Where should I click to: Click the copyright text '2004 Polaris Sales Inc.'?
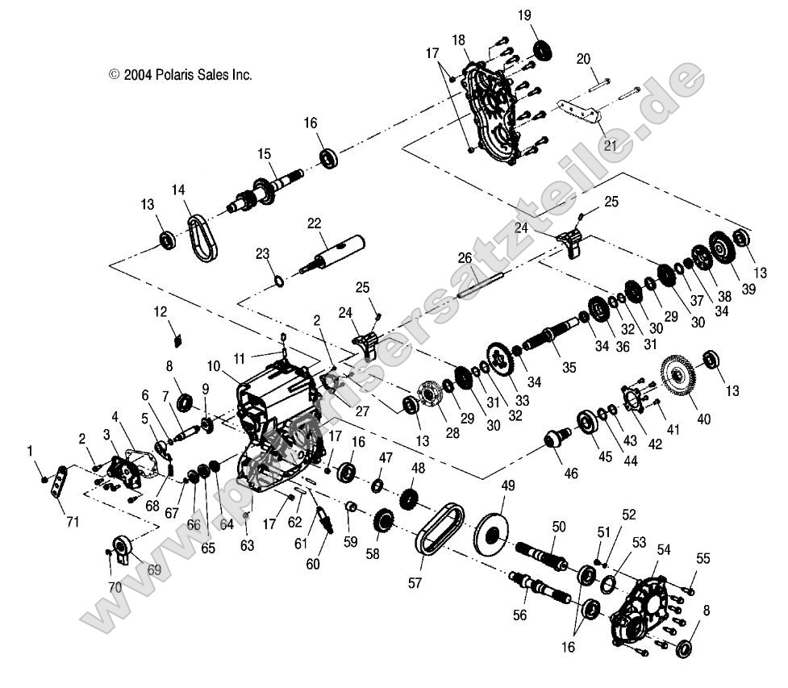[x=181, y=74]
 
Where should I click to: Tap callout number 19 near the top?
[x=548, y=15]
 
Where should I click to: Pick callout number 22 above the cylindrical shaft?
[x=315, y=223]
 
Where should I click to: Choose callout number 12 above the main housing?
[x=161, y=311]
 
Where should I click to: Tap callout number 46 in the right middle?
[x=571, y=473]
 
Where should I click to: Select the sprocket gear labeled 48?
[x=409, y=502]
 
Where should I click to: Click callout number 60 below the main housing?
[x=313, y=564]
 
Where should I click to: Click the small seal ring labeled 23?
[x=277, y=281]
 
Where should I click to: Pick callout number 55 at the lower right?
[x=703, y=558]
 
